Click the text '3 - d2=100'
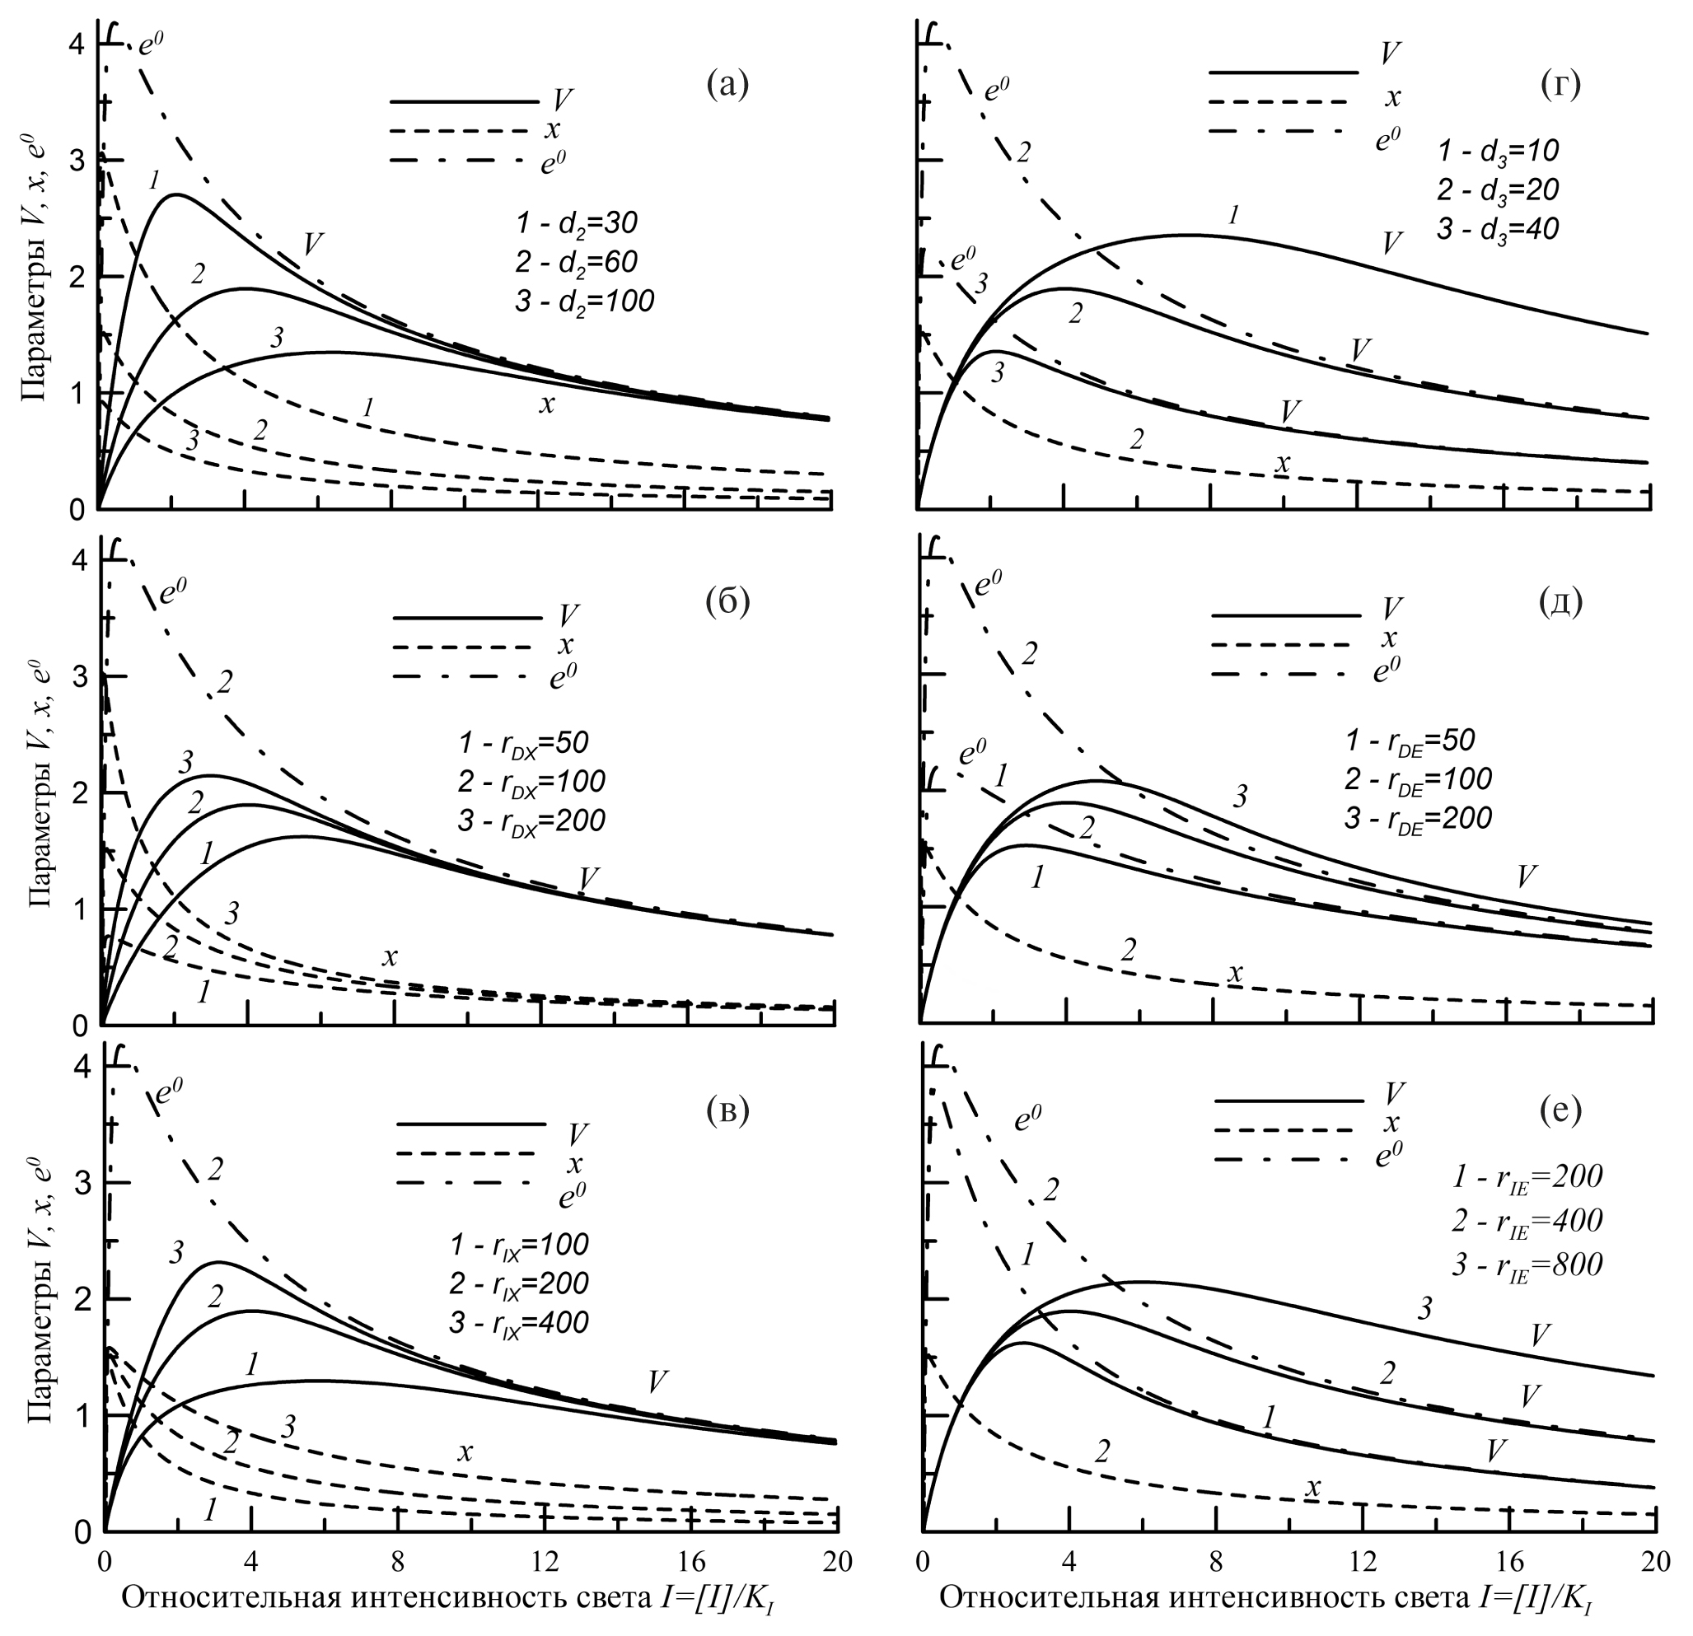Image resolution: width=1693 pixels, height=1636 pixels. pyautogui.click(x=584, y=301)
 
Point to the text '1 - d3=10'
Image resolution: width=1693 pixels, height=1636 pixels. pyautogui.click(x=1499, y=152)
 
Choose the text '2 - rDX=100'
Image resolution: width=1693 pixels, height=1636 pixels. pyautogui.click(x=531, y=782)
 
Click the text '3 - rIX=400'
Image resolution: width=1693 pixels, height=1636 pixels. pyautogui.click(x=518, y=1322)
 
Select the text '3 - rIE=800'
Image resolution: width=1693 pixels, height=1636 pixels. pyautogui.click(x=1527, y=1264)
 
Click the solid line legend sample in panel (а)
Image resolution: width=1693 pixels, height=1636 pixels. pyautogui.click(x=465, y=103)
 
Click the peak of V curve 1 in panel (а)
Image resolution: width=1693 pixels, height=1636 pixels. pyautogui.click(x=175, y=194)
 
